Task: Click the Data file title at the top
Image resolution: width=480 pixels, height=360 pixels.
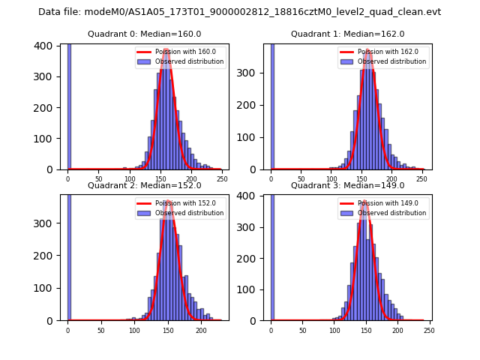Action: coord(239,12)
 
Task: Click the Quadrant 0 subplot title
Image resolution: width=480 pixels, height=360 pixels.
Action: coord(144,34)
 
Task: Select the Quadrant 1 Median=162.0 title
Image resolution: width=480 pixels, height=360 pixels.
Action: coord(347,34)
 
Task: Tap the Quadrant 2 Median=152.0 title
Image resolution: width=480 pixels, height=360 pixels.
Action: coord(144,185)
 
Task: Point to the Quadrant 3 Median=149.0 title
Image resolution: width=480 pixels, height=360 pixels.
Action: coord(347,185)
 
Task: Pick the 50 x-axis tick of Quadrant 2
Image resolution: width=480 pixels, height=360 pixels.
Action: coord(100,330)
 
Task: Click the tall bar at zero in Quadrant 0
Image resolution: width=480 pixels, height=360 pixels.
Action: coord(68,106)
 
